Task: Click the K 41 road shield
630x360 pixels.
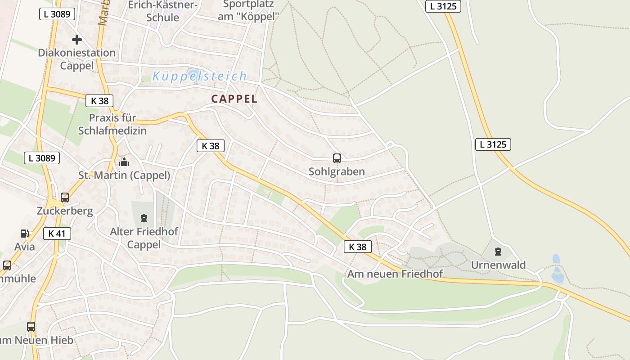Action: click(57, 234)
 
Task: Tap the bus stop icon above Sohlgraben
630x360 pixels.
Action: click(337, 158)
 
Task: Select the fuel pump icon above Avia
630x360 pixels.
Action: click(24, 234)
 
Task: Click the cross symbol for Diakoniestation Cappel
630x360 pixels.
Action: click(77, 40)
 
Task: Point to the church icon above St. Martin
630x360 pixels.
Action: click(124, 162)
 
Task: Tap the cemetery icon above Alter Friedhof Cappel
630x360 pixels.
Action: click(144, 218)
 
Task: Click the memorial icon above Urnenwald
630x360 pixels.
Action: click(498, 252)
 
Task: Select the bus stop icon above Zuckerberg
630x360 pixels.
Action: click(65, 198)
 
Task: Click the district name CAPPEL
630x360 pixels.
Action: click(234, 99)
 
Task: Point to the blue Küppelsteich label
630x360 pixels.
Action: click(200, 76)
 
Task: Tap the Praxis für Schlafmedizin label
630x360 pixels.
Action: click(112, 124)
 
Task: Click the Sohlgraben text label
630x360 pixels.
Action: click(337, 171)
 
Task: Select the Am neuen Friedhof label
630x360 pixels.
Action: click(395, 274)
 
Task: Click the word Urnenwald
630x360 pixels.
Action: click(498, 265)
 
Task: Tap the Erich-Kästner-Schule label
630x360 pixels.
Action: click(163, 11)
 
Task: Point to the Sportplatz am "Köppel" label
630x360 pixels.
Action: click(248, 10)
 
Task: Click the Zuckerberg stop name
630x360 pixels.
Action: click(65, 211)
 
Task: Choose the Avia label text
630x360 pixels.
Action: click(24, 247)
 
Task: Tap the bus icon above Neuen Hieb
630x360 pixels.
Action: click(31, 327)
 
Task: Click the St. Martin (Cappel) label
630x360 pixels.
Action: click(124, 175)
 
